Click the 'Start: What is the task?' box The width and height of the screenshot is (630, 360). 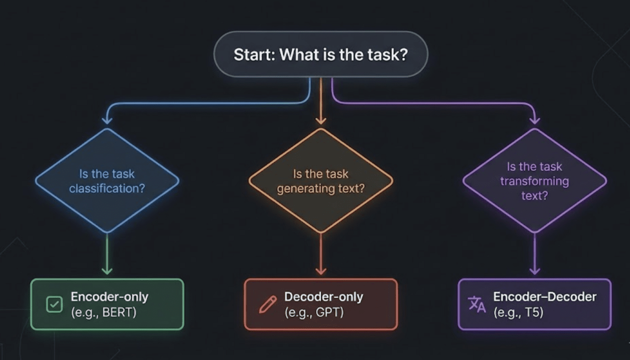coord(321,54)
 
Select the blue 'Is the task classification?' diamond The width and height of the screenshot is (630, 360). coord(107,180)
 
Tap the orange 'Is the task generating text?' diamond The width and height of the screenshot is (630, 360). coord(321,180)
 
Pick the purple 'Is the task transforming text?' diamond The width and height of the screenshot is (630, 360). coord(535,180)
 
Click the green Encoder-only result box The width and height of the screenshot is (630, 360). coord(107,304)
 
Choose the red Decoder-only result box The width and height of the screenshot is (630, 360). coord(321,304)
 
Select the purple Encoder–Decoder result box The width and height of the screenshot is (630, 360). coord(535,304)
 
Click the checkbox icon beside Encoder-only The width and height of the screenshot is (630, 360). coord(54,304)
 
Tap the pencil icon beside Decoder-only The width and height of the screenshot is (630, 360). coord(267,304)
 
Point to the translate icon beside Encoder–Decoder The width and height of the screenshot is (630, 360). coord(477,304)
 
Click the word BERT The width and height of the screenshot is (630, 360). coord(119,312)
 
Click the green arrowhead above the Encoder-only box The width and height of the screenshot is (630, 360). coord(107,271)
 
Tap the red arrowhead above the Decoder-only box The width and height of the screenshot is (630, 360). coord(321,271)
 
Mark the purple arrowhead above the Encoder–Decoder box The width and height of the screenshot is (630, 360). coord(535,271)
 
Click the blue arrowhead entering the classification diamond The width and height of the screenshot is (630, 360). coord(107,121)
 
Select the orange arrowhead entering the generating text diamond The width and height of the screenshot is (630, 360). coord(321,121)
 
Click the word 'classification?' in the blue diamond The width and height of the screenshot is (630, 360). coord(107,188)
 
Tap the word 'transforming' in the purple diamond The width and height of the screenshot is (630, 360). coord(535,181)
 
